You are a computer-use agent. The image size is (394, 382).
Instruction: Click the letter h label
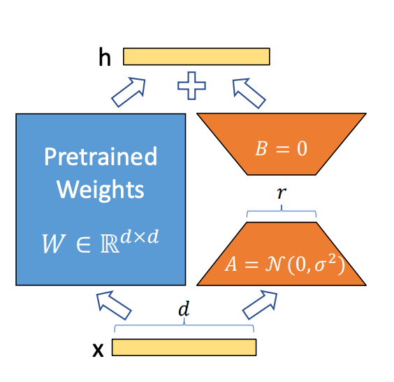(x=105, y=57)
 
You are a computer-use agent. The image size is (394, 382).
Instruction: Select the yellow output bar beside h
(x=196, y=57)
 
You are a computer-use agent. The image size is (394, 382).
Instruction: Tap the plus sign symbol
(x=191, y=86)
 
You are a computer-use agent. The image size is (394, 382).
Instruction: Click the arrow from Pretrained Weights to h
(x=129, y=92)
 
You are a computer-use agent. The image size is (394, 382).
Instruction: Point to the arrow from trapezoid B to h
(x=249, y=93)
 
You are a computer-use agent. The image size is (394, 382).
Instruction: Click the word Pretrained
(x=101, y=157)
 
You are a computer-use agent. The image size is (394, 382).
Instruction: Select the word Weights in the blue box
(x=101, y=190)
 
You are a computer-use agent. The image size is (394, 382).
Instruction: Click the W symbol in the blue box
(x=54, y=243)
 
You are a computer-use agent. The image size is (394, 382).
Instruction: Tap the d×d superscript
(x=140, y=236)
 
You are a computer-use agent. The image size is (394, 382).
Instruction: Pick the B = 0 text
(x=281, y=148)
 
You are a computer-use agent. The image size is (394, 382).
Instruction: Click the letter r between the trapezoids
(x=282, y=193)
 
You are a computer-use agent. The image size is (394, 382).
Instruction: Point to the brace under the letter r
(x=282, y=211)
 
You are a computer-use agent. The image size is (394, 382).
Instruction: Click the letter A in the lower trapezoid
(x=231, y=264)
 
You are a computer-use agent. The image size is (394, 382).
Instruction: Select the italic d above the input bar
(x=184, y=309)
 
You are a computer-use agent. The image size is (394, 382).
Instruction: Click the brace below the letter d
(x=184, y=325)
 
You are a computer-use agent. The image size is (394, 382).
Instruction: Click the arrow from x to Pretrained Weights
(x=114, y=305)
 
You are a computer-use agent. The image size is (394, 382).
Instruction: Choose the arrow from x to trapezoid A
(x=260, y=305)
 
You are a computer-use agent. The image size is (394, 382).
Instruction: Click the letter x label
(x=98, y=350)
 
